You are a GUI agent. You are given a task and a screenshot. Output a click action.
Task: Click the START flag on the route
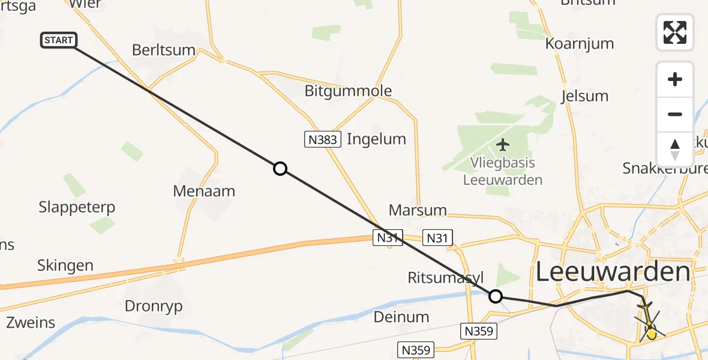pos(59,40)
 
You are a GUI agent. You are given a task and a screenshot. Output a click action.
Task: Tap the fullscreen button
pos(675,32)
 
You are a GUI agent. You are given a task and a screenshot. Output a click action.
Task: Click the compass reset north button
pos(675,149)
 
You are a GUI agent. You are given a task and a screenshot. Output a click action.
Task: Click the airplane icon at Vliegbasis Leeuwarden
pos(503,145)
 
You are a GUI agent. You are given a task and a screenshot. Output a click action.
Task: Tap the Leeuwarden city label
pos(612,272)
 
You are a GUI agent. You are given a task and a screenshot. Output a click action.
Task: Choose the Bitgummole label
pos(348,91)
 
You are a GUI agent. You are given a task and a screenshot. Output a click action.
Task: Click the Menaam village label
pos(204,191)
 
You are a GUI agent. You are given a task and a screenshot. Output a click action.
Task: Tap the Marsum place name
pos(418,211)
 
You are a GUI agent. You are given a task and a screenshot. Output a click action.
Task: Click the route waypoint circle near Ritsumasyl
pos(496,296)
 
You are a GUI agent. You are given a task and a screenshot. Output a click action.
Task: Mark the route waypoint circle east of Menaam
pos(280,169)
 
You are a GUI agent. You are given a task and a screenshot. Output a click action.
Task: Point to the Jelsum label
pos(584,96)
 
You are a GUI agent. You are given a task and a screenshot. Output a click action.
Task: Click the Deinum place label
pos(401,317)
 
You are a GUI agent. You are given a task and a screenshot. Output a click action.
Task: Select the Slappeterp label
pos(77,208)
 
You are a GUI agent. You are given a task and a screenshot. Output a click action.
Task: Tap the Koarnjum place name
pos(580,43)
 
